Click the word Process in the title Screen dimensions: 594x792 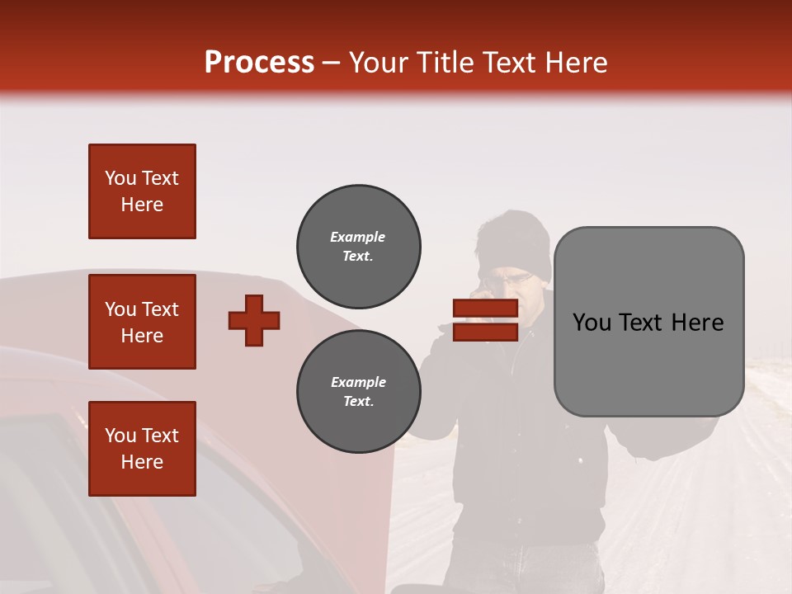click(259, 63)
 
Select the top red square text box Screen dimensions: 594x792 click(142, 191)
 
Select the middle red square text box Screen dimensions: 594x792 click(142, 322)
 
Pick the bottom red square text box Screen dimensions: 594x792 click(142, 449)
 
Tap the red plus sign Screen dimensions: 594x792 click(254, 320)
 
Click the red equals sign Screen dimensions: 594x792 click(485, 320)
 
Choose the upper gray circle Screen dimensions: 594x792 click(359, 246)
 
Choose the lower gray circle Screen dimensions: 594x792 click(359, 391)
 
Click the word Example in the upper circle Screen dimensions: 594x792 click(358, 237)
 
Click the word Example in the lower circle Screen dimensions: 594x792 click(358, 382)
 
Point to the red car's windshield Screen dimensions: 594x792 click(99, 511)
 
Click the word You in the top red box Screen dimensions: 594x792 click(119, 178)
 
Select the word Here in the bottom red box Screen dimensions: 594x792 click(142, 462)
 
